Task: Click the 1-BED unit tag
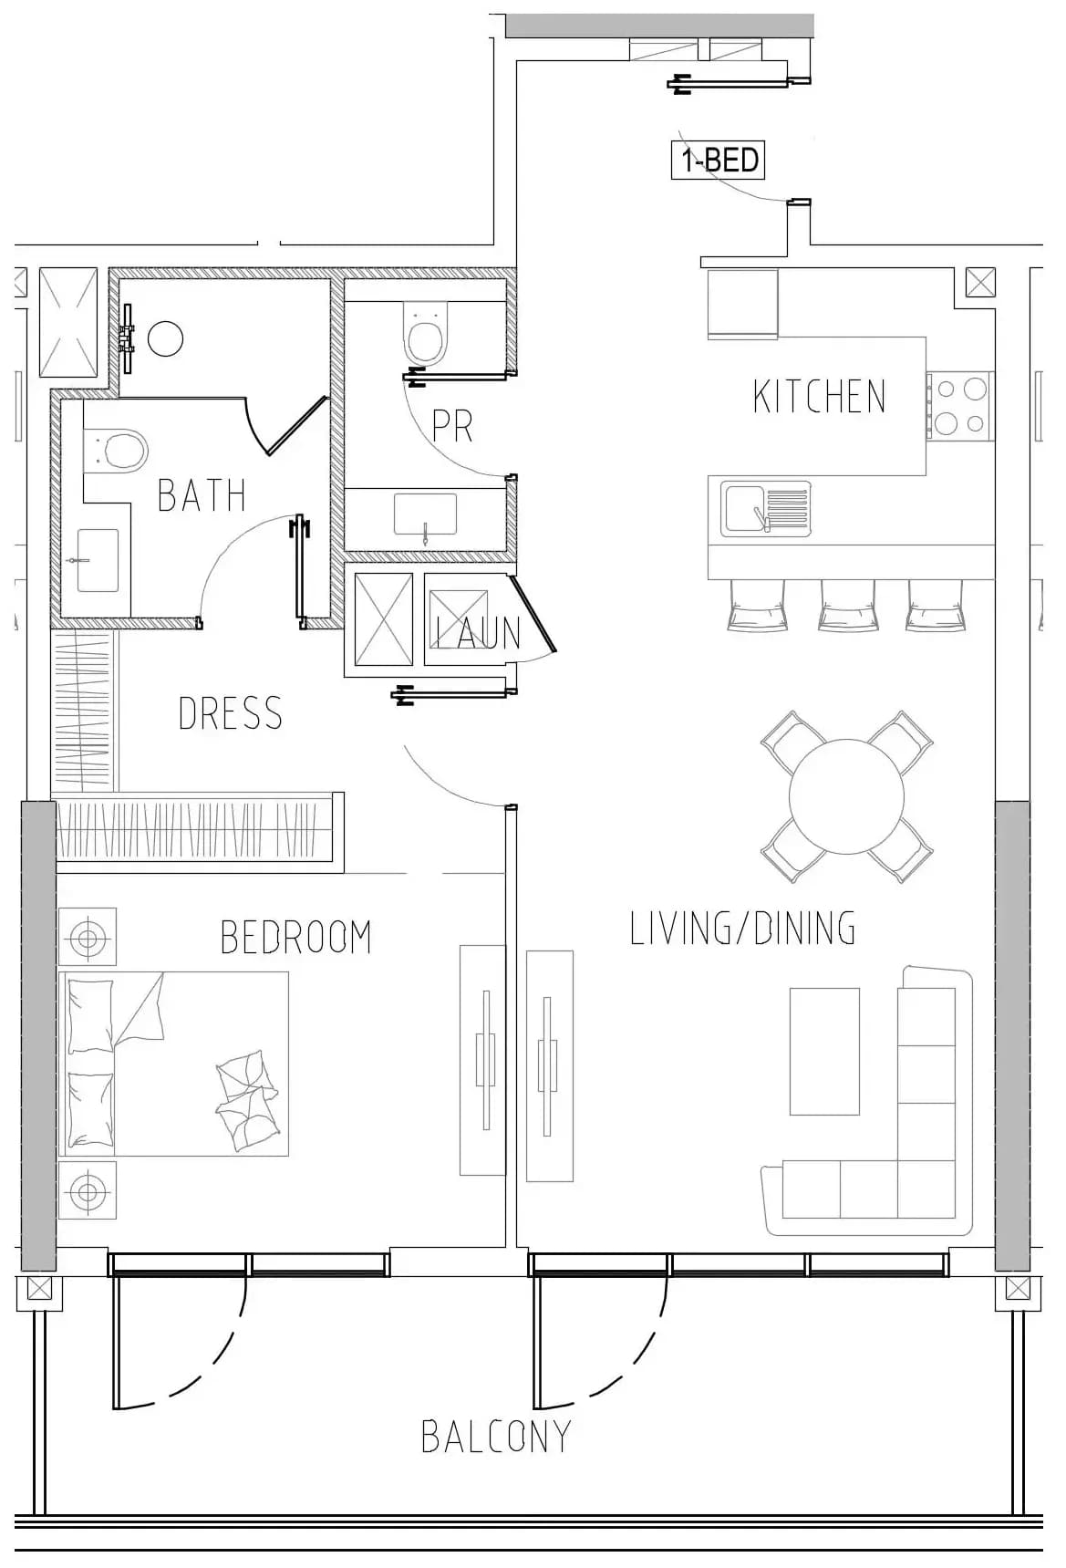pyautogui.click(x=719, y=161)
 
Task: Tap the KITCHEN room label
pyautogui.click(x=820, y=397)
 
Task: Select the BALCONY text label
pyautogui.click(x=496, y=1437)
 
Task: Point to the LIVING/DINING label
pyautogui.click(x=743, y=928)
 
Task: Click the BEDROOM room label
pyautogui.click(x=296, y=937)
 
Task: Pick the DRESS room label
pyautogui.click(x=231, y=713)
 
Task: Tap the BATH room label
pyautogui.click(x=202, y=495)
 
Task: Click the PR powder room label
pyautogui.click(x=452, y=425)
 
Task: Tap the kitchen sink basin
pyautogui.click(x=744, y=508)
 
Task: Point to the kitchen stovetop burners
pyautogui.click(x=960, y=406)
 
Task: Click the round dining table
pyautogui.click(x=846, y=796)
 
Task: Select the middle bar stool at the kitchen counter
pyautogui.click(x=847, y=605)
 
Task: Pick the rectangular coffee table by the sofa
pyautogui.click(x=824, y=1051)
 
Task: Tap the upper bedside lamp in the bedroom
pyautogui.click(x=88, y=937)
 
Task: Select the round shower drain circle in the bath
pyautogui.click(x=165, y=339)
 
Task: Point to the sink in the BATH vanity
pyautogui.click(x=98, y=560)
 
